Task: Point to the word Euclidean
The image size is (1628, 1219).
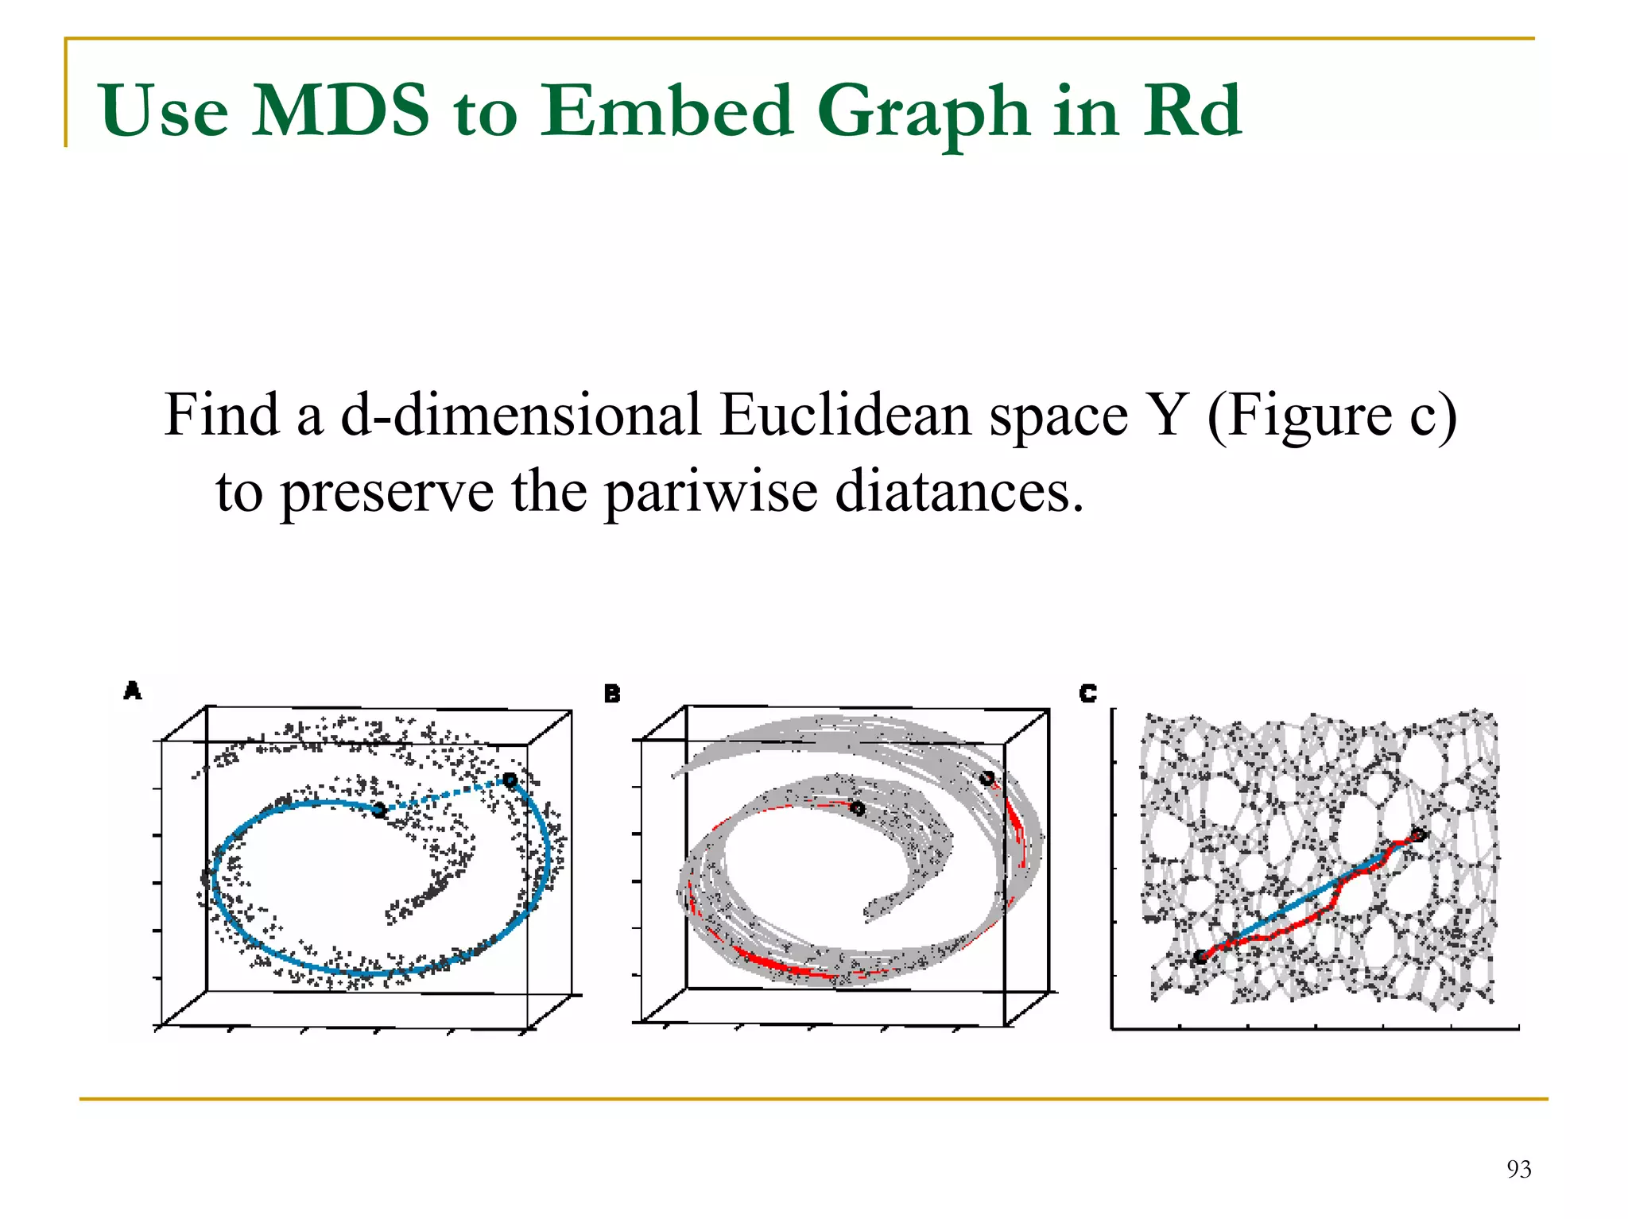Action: coord(844,415)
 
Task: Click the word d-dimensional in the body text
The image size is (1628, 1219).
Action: coord(521,415)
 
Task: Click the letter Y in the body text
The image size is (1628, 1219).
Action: coord(1168,415)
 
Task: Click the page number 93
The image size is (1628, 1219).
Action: coord(1518,1169)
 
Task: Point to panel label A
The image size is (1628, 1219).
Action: coord(133,691)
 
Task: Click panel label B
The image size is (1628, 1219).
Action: coord(611,694)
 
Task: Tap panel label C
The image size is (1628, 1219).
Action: coord(1087,694)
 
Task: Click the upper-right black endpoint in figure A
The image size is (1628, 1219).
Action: coord(510,780)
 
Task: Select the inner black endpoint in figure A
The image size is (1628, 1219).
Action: coord(379,810)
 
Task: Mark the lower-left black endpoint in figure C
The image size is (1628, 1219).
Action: coord(1200,957)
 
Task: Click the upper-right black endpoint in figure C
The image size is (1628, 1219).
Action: coord(1418,834)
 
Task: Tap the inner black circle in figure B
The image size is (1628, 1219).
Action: coord(857,808)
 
